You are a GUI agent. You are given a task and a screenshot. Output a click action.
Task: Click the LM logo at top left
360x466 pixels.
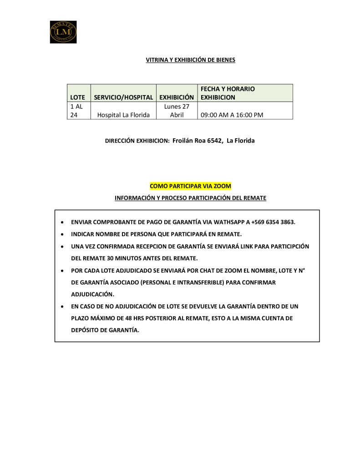(63, 32)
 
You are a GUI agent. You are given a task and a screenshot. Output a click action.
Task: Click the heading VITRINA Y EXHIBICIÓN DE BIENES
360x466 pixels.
(190, 60)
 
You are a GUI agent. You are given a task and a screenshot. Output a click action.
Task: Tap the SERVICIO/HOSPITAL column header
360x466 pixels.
(123, 97)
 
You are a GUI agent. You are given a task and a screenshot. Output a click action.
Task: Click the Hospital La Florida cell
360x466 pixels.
(123, 115)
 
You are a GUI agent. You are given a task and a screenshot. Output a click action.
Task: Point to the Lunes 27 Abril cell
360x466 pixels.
(177, 110)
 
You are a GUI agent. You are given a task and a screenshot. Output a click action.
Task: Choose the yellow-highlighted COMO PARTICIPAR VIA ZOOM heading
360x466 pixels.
(190, 186)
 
